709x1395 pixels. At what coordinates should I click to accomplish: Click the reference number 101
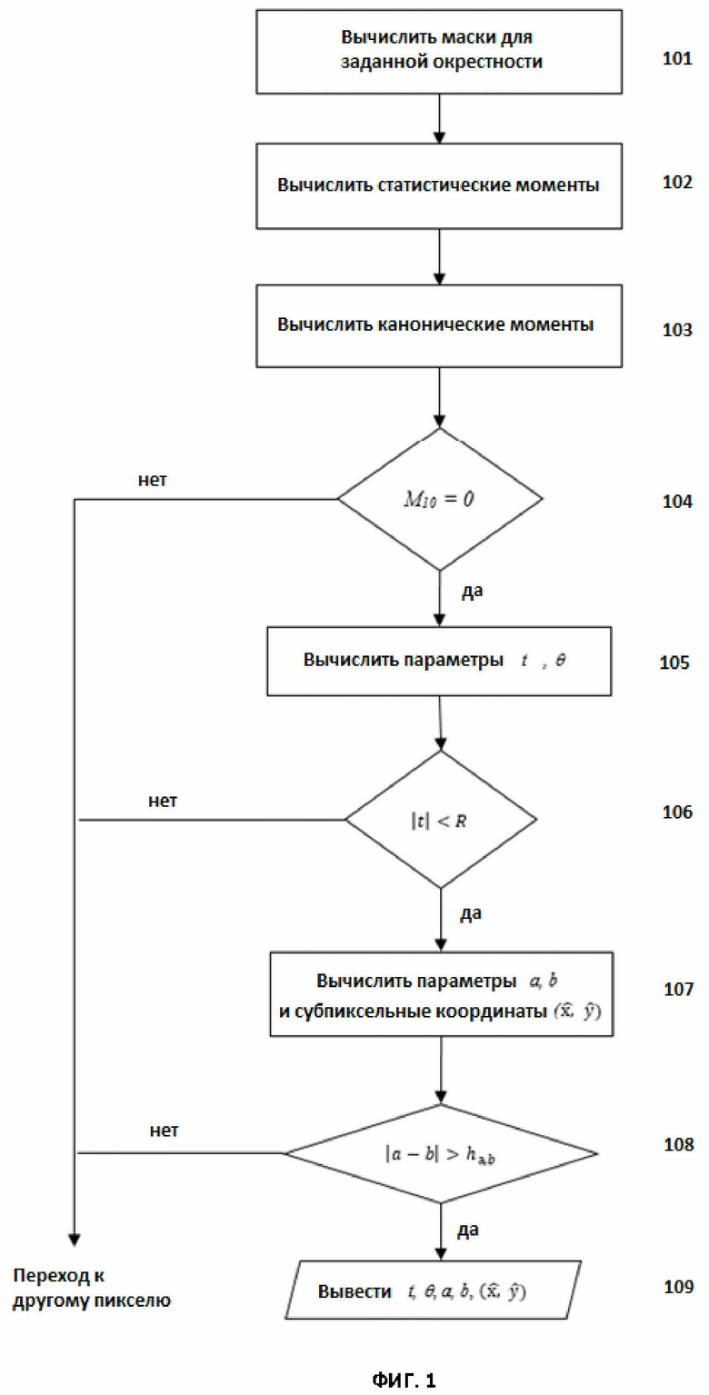coord(677,58)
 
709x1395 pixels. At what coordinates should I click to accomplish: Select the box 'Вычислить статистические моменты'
coord(439,186)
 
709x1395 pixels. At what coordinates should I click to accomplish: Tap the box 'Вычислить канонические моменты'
coord(439,325)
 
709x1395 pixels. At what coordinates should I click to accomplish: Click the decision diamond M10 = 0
coord(440,499)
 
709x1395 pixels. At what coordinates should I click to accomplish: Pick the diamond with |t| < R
coord(441,820)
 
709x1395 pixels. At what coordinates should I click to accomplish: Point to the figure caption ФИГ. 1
coord(404,1380)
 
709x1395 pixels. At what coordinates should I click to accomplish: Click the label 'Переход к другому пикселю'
coord(92,1289)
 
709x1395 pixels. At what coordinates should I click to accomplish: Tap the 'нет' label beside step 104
coord(153,480)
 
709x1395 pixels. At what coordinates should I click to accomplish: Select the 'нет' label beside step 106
coord(163,801)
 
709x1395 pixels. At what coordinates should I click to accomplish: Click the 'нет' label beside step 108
coord(164,1131)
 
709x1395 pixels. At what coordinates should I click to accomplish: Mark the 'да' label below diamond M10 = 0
coord(473,591)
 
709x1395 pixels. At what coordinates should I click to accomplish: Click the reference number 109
coord(678,1287)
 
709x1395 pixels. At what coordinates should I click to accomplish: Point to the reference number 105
coord(674,663)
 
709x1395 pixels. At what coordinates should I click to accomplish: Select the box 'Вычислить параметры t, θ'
coord(439,661)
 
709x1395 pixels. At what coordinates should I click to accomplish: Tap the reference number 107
coord(678,990)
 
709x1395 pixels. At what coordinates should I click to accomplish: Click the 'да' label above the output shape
coord(468,1231)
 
